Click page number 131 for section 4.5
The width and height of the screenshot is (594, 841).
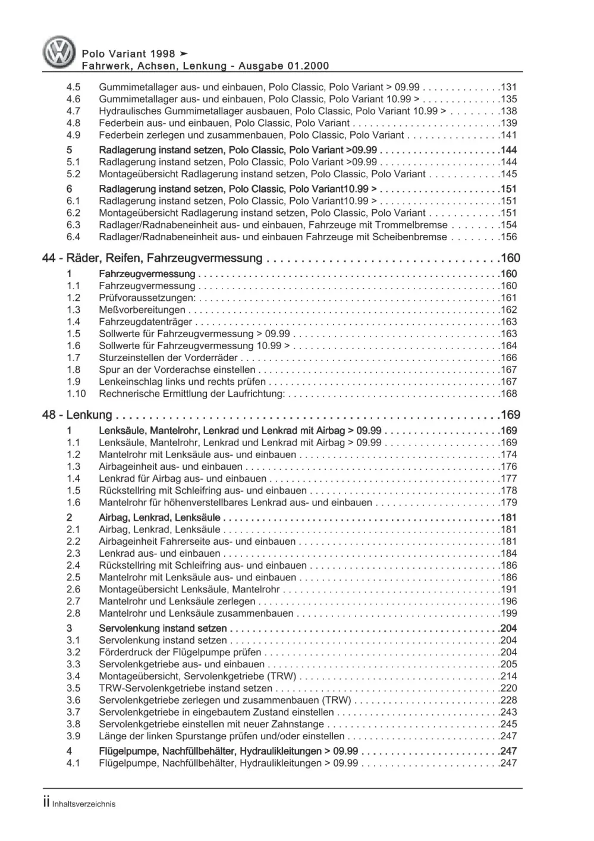click(509, 87)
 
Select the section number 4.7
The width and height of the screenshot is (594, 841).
click(73, 111)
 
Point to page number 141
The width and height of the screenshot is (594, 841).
click(509, 135)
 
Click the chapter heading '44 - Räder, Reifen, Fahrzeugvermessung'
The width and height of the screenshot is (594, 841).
click(152, 258)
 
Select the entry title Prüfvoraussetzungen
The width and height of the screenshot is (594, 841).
click(147, 298)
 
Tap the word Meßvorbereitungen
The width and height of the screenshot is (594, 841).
click(142, 310)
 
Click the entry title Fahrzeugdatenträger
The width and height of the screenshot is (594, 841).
click(146, 322)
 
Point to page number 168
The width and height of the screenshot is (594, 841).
click(509, 394)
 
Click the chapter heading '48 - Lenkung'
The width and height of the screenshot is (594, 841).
click(77, 415)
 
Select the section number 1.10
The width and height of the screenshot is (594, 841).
click(76, 394)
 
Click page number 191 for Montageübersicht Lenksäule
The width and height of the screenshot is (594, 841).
click(509, 589)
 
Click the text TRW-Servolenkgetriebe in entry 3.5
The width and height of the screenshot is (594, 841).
click(147, 688)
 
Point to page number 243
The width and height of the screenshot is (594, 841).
click(509, 712)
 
